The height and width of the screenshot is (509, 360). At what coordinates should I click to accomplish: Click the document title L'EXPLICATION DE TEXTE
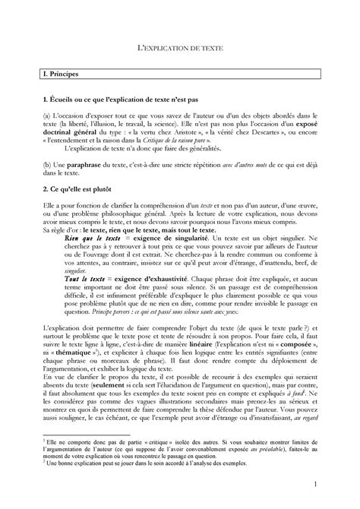coord(180,46)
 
